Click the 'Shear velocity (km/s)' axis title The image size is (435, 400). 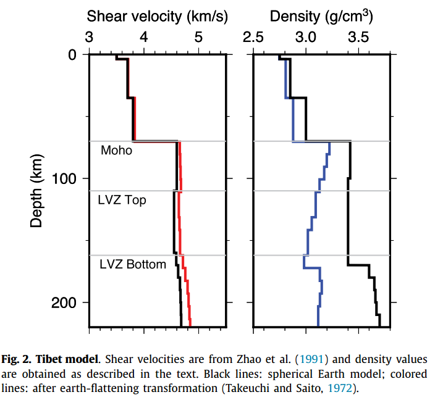(158, 16)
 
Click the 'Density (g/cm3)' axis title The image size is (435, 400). (321, 16)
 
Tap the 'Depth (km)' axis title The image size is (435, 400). (36, 191)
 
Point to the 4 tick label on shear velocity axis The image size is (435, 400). (144, 37)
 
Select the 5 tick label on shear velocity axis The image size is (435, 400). (198, 37)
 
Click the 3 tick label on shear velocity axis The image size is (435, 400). (89, 37)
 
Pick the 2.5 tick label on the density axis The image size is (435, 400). (253, 37)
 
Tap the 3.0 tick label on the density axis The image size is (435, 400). (306, 37)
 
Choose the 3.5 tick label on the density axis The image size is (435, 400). (358, 37)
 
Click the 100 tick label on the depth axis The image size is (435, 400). (64, 179)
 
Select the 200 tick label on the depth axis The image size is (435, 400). (64, 302)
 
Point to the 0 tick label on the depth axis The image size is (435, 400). (72, 55)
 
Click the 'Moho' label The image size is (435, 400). (117, 151)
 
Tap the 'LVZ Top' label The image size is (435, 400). (122, 200)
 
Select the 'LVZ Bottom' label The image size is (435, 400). (133, 264)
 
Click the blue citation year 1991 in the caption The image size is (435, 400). (311, 359)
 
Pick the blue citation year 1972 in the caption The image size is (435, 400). (340, 388)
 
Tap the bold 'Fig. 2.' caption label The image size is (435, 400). (16, 359)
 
